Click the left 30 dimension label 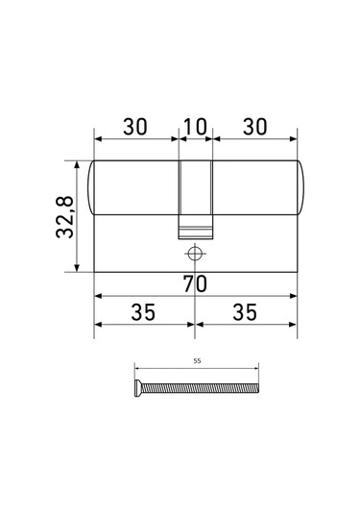point(135,126)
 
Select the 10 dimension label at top point(195,126)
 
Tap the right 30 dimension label point(254,126)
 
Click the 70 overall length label point(195,283)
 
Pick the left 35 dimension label point(144,313)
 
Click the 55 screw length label point(197,362)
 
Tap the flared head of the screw point(137,387)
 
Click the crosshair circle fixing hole point(195,254)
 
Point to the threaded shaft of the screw point(202,387)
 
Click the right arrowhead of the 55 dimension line point(257,369)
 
